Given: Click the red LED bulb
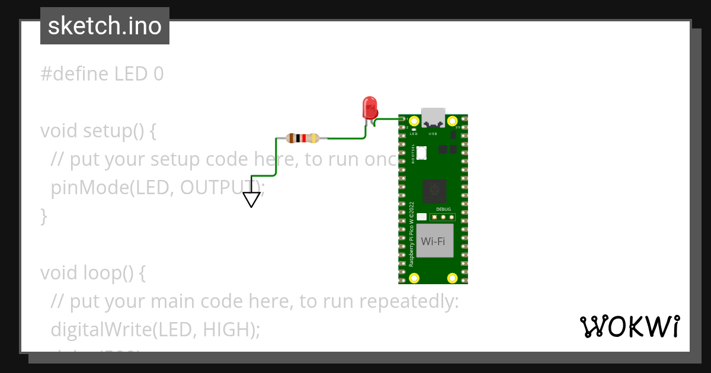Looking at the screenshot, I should [370, 107].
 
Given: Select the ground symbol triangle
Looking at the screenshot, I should [252, 200].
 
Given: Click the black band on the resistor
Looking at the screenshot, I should [299, 139].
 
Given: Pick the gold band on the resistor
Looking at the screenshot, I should [313, 139].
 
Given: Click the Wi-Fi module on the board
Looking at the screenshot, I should [434, 241].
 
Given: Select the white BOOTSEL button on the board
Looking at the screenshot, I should [421, 153].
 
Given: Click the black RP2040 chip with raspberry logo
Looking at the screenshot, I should [435, 190].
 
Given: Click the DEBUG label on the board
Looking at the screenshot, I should [443, 210].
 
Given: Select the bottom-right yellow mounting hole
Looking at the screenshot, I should [452, 278].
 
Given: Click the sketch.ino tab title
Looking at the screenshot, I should [105, 27].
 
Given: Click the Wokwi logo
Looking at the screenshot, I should [629, 326].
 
